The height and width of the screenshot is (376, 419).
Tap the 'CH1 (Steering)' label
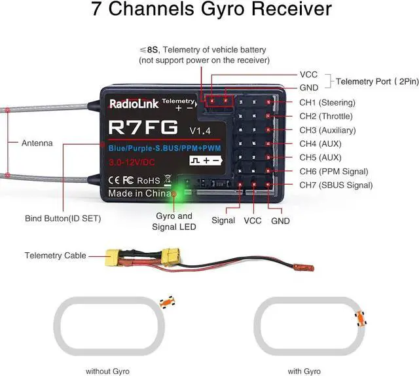[327, 103]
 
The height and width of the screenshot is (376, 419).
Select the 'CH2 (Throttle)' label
[327, 116]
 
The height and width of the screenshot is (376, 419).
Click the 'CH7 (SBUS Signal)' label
[337, 185]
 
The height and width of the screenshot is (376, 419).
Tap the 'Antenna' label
[37, 143]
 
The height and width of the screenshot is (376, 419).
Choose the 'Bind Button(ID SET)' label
[63, 218]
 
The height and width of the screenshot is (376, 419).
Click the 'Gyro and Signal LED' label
[176, 221]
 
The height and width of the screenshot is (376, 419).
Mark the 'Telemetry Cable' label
[56, 255]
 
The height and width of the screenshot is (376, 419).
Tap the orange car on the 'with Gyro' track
[359, 319]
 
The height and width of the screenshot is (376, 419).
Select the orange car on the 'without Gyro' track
[167, 302]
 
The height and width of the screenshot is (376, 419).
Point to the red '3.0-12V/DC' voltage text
[133, 160]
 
